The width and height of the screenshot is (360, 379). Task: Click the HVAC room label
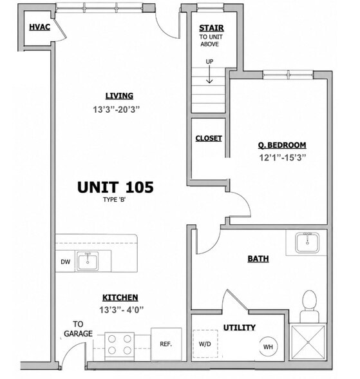(39, 27)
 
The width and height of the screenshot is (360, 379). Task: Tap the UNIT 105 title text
(115, 188)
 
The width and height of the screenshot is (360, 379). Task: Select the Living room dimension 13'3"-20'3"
(117, 110)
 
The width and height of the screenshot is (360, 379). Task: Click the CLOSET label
(209, 138)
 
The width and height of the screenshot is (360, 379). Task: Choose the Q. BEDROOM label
(282, 145)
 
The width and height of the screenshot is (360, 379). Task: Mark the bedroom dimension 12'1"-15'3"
(283, 157)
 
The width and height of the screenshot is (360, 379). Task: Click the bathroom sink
(307, 242)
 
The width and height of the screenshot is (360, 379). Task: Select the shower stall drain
(308, 342)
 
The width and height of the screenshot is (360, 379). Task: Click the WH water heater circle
(268, 347)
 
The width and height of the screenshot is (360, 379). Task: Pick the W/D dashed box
(205, 344)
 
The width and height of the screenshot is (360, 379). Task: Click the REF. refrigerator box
(166, 344)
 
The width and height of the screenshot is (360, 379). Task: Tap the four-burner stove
(120, 345)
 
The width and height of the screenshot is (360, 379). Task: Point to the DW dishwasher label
(66, 262)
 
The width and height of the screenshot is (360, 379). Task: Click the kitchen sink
(88, 261)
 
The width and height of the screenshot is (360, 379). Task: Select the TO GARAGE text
(78, 329)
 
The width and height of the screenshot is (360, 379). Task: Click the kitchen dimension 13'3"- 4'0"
(122, 309)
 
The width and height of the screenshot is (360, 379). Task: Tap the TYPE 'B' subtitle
(114, 200)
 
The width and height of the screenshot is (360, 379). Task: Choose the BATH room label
(258, 258)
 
